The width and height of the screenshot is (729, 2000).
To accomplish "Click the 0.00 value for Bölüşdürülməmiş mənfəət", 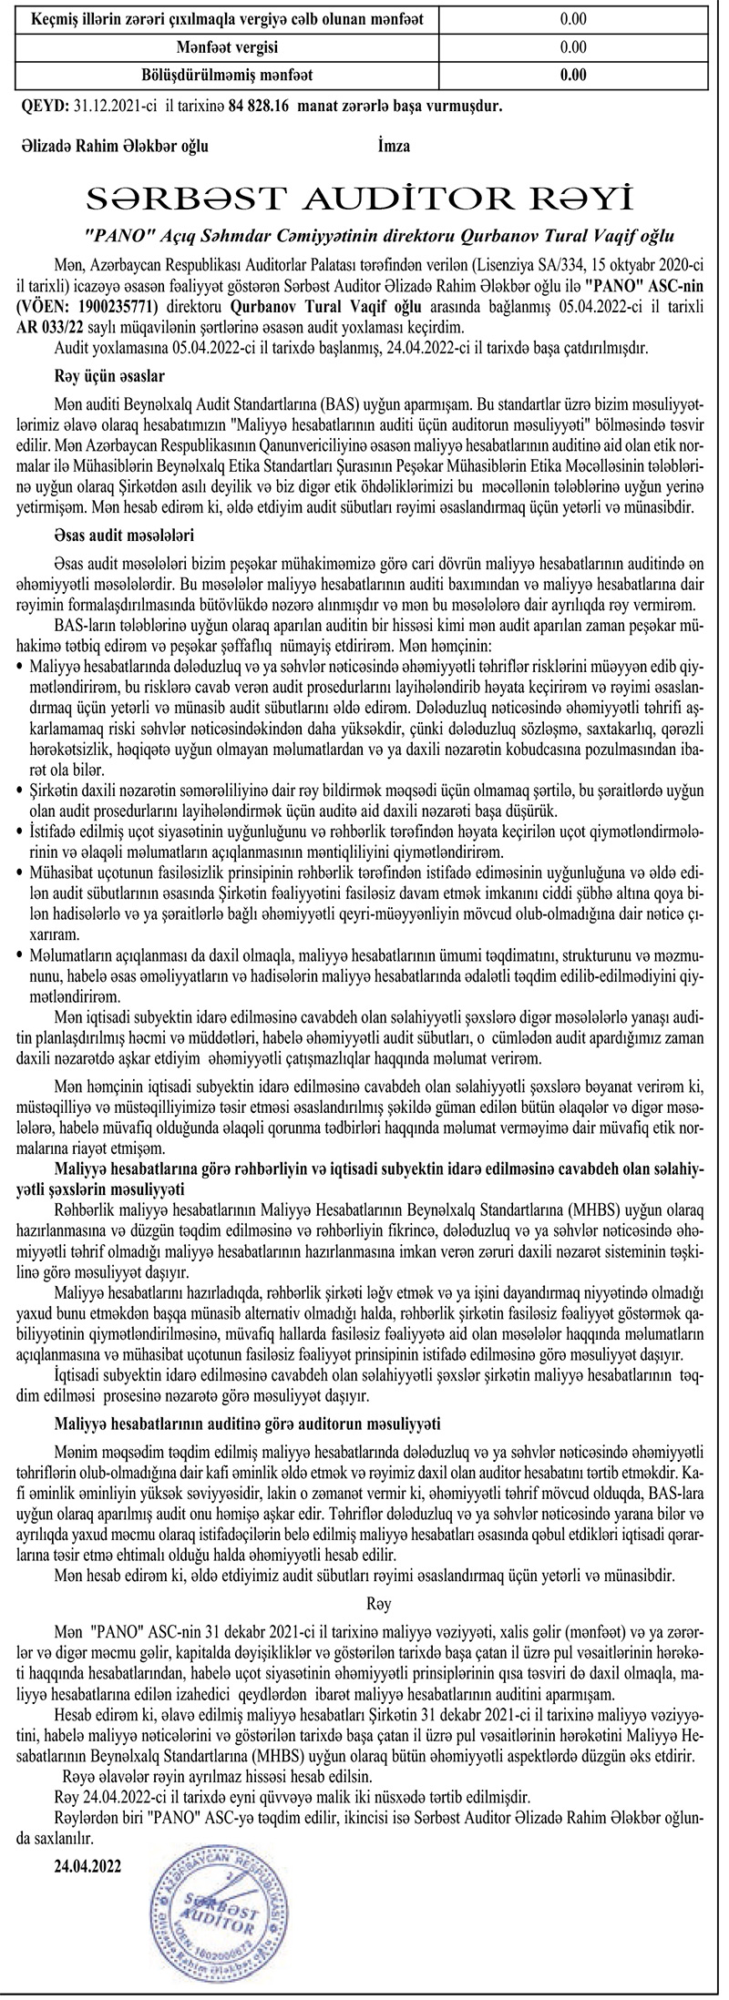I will (x=573, y=75).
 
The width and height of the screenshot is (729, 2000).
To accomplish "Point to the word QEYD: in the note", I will (x=44, y=106).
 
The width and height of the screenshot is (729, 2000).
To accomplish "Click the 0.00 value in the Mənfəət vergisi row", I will (x=573, y=46).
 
